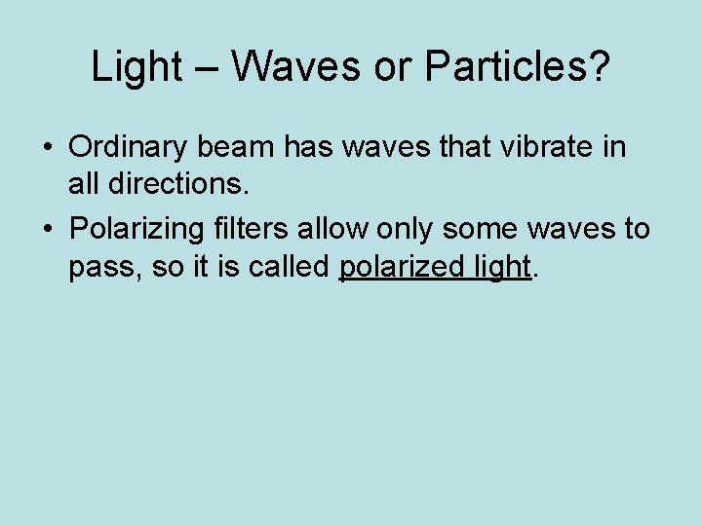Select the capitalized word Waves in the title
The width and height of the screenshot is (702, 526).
313,67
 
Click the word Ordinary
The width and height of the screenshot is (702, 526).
128,149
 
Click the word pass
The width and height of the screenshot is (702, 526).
100,267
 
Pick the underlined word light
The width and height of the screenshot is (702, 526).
499,266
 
